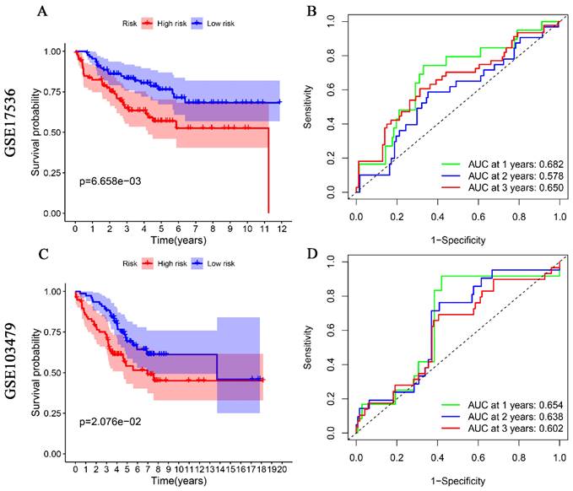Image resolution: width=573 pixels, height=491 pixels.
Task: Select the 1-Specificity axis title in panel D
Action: (457, 481)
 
